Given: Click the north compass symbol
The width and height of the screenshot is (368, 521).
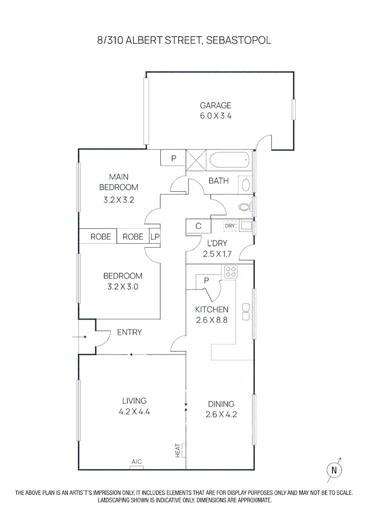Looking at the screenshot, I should click(x=334, y=469).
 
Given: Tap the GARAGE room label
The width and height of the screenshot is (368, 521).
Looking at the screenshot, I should click(x=216, y=105).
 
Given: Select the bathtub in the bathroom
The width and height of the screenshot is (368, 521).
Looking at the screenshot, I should click(x=229, y=160).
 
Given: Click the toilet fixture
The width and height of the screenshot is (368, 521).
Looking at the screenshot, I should click(x=245, y=207).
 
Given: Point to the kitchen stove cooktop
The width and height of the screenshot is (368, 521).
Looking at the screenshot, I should click(x=230, y=272).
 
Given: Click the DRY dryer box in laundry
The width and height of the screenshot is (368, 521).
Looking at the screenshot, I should click(x=230, y=225).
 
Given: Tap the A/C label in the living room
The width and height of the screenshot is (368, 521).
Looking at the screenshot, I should click(x=137, y=462).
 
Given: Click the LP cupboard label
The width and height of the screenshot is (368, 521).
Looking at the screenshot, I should click(x=155, y=236).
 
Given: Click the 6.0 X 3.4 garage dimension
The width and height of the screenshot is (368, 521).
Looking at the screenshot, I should click(x=216, y=116).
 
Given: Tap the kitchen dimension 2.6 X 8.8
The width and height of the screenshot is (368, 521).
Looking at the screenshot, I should click(x=211, y=320).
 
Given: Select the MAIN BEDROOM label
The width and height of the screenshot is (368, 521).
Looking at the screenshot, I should click(x=118, y=182).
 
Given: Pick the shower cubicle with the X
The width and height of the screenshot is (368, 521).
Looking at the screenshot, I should click(x=196, y=160).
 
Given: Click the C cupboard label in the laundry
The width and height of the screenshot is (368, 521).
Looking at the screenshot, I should click(x=198, y=226).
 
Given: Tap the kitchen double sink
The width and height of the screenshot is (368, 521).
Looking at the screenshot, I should click(x=245, y=312).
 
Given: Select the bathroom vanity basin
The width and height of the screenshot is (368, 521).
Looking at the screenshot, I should click(x=245, y=186).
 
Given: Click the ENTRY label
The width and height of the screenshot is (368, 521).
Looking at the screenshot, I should click(x=130, y=332).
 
